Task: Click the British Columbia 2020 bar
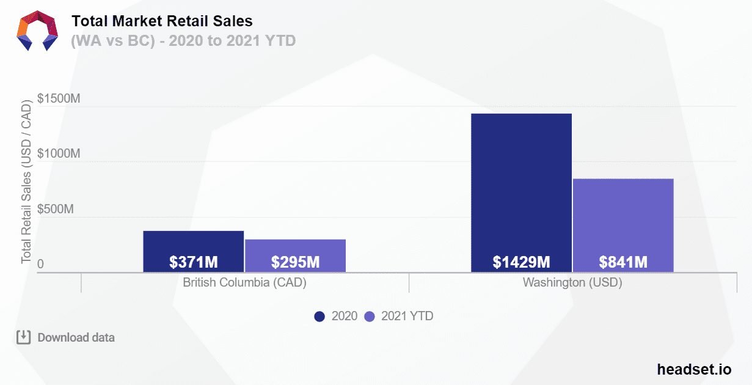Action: pos(193,243)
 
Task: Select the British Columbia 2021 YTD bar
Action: pos(295,248)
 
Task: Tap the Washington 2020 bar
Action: pos(521,183)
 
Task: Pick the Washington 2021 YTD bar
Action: pos(623,214)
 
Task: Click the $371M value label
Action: pos(194,262)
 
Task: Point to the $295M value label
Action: pos(295,262)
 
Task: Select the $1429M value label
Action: pos(521,262)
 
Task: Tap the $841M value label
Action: pos(623,262)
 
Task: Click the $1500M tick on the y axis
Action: pos(59,98)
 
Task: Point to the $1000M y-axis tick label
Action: pos(59,153)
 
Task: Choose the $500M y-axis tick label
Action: pos(56,209)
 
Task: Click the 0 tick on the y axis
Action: pos(40,265)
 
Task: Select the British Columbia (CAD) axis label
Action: pos(244,283)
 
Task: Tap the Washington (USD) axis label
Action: pos(572,283)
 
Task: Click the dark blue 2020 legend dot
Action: pos(319,317)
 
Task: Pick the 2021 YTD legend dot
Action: pos(369,317)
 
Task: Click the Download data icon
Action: pos(23,337)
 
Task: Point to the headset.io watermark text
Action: pos(694,369)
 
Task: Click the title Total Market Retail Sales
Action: pos(162,21)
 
